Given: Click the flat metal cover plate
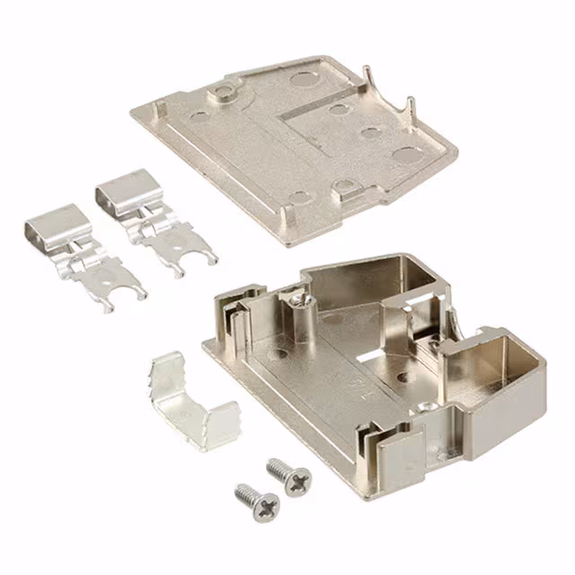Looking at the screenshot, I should pyautogui.click(x=296, y=144).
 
